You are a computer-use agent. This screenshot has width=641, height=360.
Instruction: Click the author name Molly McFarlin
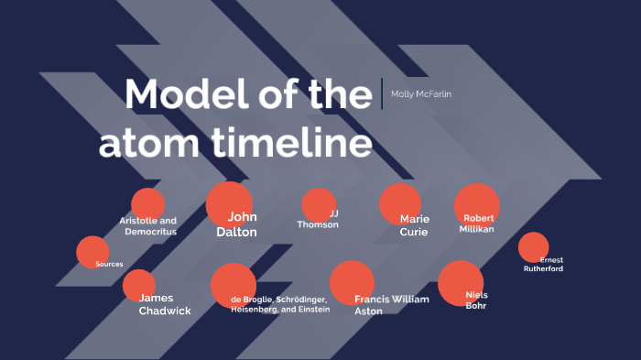coord(421,94)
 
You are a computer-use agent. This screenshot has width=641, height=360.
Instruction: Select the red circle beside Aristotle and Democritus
coord(147,203)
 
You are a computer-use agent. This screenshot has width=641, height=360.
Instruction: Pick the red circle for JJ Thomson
coord(318,204)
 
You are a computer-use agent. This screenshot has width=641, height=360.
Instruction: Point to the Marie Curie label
coord(414,225)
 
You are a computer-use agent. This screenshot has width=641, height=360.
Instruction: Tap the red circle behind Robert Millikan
coord(476,204)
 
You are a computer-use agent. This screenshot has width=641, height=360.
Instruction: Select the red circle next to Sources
coord(92,252)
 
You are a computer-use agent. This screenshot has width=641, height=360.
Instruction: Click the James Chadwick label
coord(165,304)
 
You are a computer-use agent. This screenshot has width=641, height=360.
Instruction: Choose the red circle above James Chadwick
coord(139,285)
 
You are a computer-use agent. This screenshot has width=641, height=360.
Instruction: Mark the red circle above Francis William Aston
coord(352,282)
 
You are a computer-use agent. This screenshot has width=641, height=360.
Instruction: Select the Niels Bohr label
coord(476,300)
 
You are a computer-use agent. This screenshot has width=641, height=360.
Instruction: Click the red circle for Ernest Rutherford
coord(532,247)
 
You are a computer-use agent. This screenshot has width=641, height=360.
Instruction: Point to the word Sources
coord(109,264)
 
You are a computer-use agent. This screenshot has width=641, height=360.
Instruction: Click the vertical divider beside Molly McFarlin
coord(382,93)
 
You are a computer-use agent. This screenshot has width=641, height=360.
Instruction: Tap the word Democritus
coord(151,232)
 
